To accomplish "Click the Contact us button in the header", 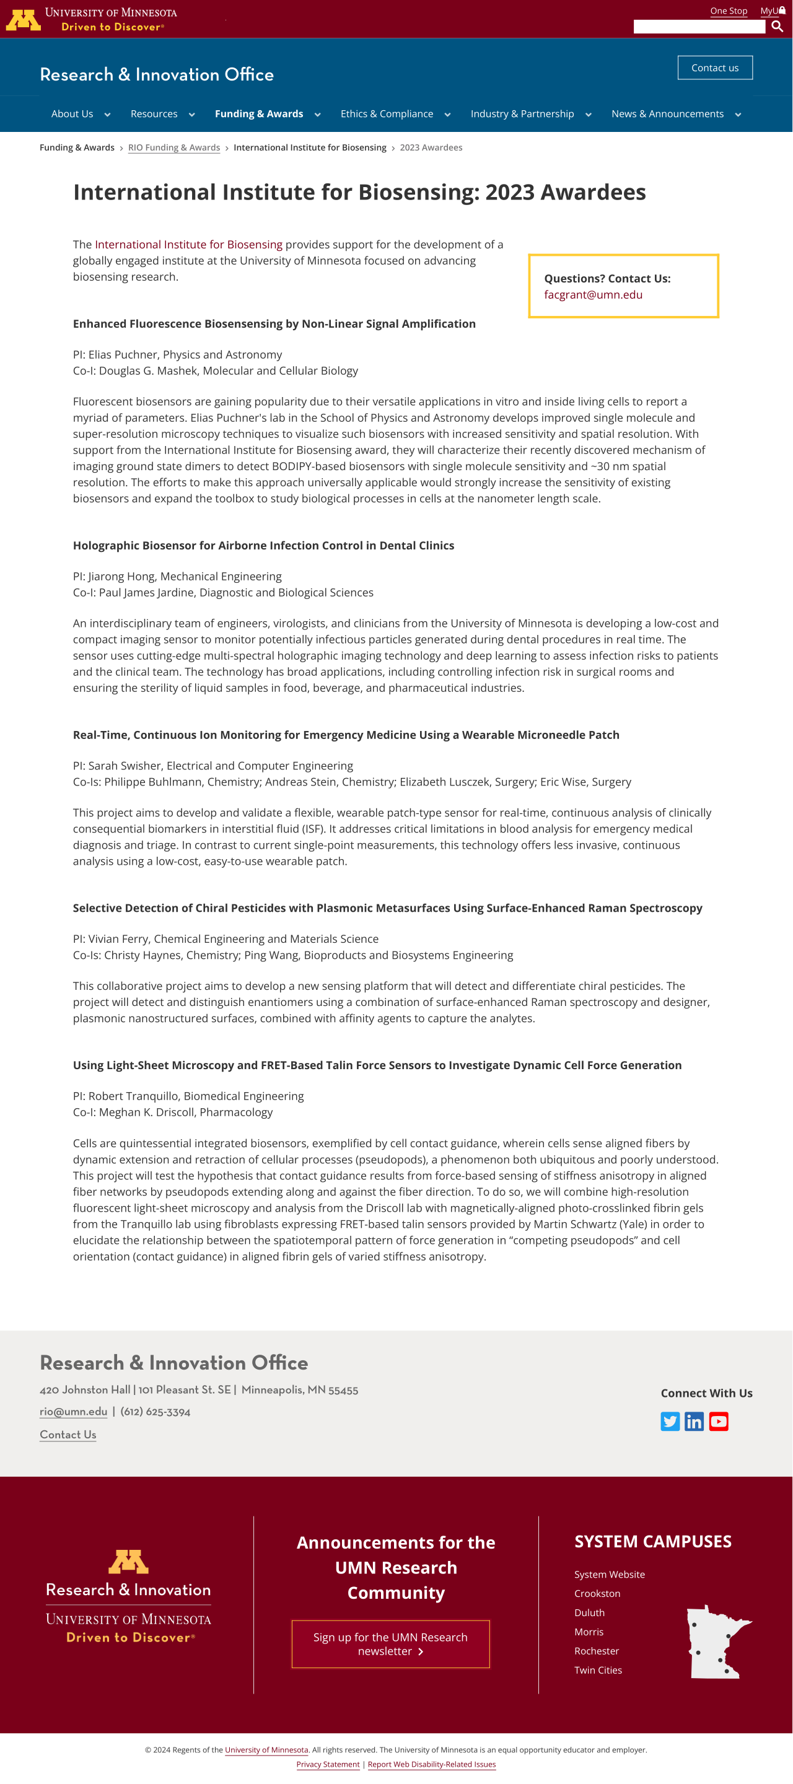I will (x=715, y=68).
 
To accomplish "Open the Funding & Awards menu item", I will (x=259, y=113).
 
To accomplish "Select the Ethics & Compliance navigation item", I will (x=387, y=113).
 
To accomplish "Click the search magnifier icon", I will (x=777, y=26).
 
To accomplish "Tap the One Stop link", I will (x=729, y=11).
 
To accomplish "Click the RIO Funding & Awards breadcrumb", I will (x=174, y=147).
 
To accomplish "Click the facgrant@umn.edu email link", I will (x=594, y=294).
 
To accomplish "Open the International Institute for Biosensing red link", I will (x=188, y=245).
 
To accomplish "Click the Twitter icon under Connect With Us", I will (x=670, y=1422).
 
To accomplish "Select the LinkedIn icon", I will (x=694, y=1422).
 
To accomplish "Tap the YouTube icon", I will (x=718, y=1422).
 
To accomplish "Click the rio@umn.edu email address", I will (x=73, y=1412).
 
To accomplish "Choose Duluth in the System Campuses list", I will (x=589, y=1613).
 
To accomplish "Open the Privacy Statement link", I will (x=328, y=1764).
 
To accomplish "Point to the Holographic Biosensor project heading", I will (x=264, y=546).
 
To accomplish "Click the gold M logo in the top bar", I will (x=23, y=19).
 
